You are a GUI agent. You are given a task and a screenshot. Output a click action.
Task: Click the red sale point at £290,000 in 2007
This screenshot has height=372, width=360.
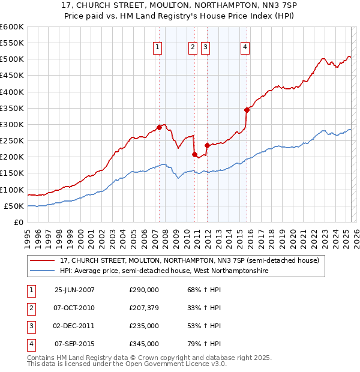(x=159, y=127)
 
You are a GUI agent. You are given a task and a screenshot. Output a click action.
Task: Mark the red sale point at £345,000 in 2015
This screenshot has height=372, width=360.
(x=246, y=110)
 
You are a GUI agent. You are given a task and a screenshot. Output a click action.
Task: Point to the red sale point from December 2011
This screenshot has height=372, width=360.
(x=206, y=145)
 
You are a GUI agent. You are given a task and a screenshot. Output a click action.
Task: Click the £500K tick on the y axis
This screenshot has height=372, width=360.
(x=12, y=59)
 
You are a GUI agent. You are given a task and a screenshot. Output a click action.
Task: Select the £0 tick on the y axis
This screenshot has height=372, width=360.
(x=19, y=222)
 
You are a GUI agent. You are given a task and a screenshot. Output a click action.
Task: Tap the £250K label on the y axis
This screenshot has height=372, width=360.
(x=12, y=140)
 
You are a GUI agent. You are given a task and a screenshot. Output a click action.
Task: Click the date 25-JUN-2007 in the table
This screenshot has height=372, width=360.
(x=74, y=289)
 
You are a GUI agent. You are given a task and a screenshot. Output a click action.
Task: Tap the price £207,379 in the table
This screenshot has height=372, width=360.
(x=144, y=308)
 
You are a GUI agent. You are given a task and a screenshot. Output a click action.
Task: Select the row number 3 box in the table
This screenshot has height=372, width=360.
(x=30, y=326)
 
